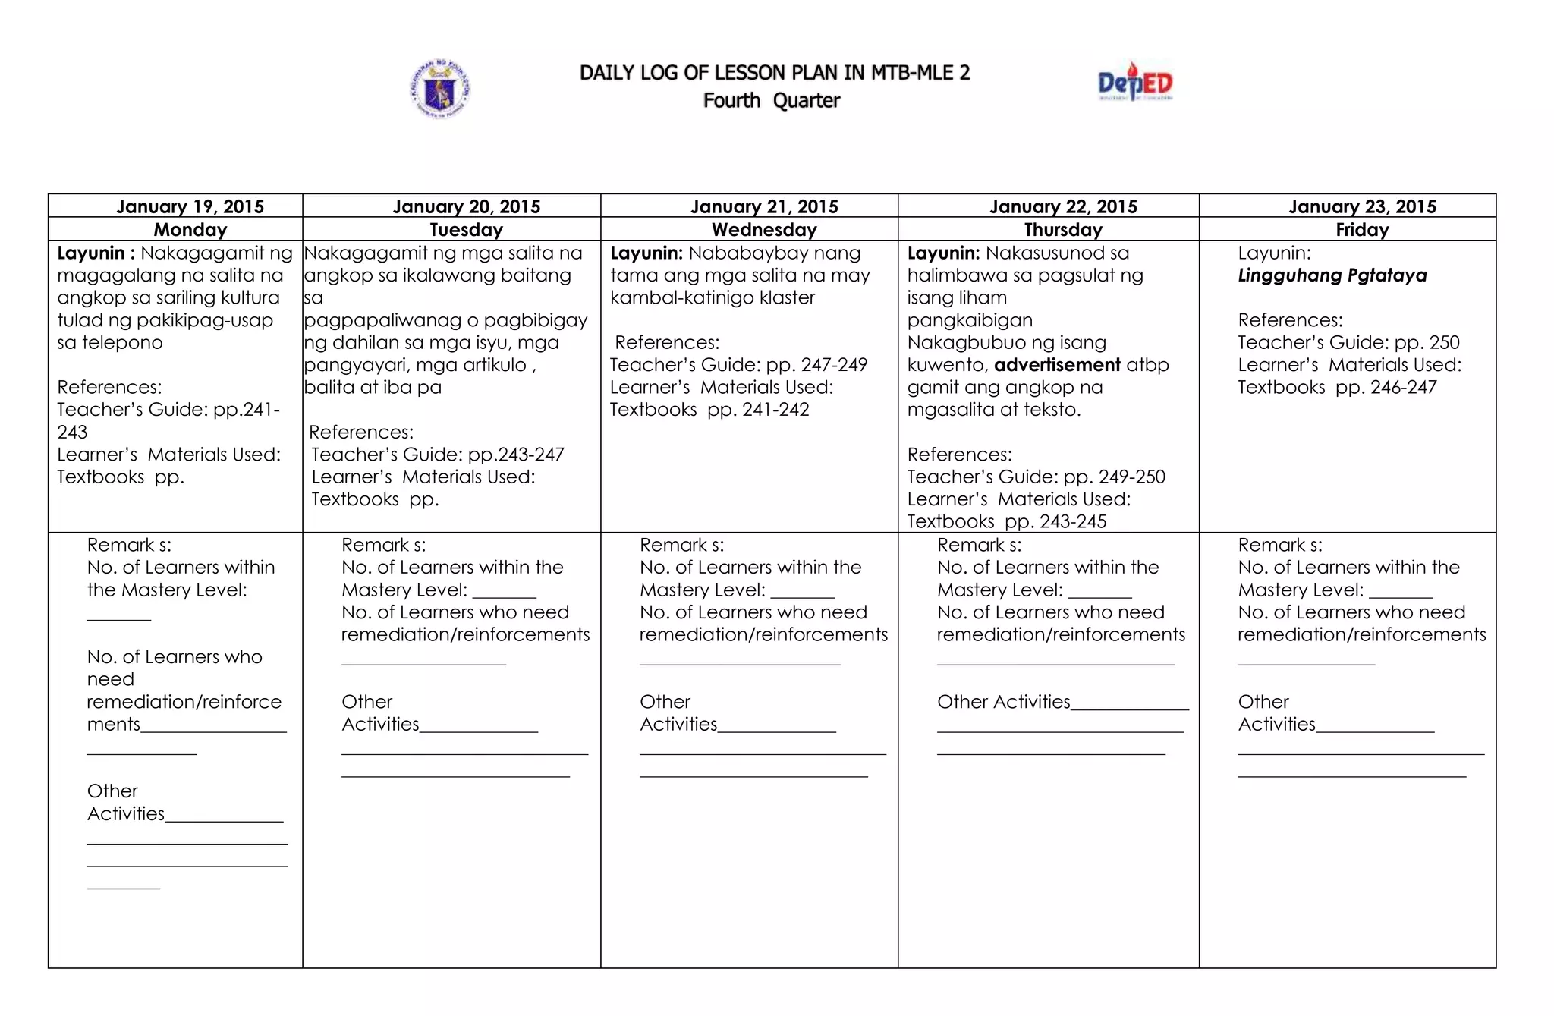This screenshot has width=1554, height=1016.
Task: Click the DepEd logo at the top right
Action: point(1134,83)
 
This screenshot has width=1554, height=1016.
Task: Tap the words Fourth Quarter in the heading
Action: point(771,101)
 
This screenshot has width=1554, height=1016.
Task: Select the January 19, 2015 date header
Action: point(190,206)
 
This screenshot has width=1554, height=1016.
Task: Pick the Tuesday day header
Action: point(466,230)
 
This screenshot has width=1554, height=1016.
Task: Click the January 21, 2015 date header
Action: point(764,206)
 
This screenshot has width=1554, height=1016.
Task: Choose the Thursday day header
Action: point(1062,230)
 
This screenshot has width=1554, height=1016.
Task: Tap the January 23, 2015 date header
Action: point(1362,206)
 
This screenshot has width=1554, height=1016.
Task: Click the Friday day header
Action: point(1362,230)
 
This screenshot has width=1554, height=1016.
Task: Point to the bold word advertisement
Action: point(1057,365)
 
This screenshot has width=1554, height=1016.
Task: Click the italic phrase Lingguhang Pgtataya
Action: point(1332,275)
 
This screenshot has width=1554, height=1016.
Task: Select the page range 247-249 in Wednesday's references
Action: point(834,365)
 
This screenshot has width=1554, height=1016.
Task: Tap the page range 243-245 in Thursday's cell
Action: point(1073,522)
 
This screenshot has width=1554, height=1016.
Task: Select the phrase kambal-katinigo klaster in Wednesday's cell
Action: point(713,298)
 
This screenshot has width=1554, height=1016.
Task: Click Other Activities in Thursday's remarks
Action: point(1003,702)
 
